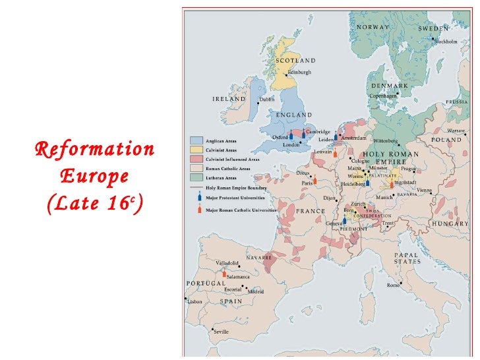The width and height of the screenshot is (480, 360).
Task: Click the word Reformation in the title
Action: [x=94, y=149]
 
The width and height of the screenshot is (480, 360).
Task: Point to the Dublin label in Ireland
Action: [x=267, y=100]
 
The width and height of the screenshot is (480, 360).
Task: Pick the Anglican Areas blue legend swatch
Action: [x=196, y=140]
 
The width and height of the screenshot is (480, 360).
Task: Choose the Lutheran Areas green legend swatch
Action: [x=196, y=177]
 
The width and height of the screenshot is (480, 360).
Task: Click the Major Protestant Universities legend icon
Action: [x=198, y=197]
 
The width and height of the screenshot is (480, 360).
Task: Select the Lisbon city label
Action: [x=195, y=301]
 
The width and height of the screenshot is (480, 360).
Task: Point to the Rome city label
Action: [x=394, y=285]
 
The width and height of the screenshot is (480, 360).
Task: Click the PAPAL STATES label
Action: [x=407, y=258]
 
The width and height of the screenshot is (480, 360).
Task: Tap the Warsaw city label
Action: [x=456, y=131]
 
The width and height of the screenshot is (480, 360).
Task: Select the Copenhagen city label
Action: [x=383, y=95]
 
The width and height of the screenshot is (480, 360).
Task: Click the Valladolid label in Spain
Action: [x=227, y=262]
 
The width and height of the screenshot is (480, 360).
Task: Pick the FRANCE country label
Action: [x=311, y=211]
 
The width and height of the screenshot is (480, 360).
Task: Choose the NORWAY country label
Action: [x=373, y=27]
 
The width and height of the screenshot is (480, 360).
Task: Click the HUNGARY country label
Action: [x=450, y=224]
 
